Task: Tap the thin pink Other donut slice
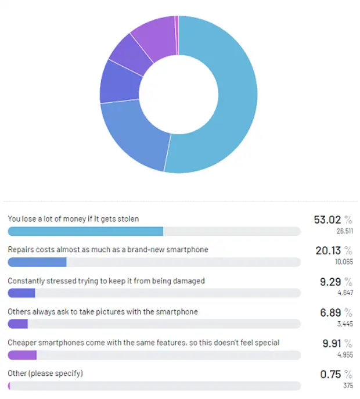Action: (177, 35)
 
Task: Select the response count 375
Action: (348, 386)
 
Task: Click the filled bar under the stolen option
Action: (85, 231)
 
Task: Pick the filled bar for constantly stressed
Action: (21, 293)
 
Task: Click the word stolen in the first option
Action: (128, 219)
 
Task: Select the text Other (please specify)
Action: (45, 373)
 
